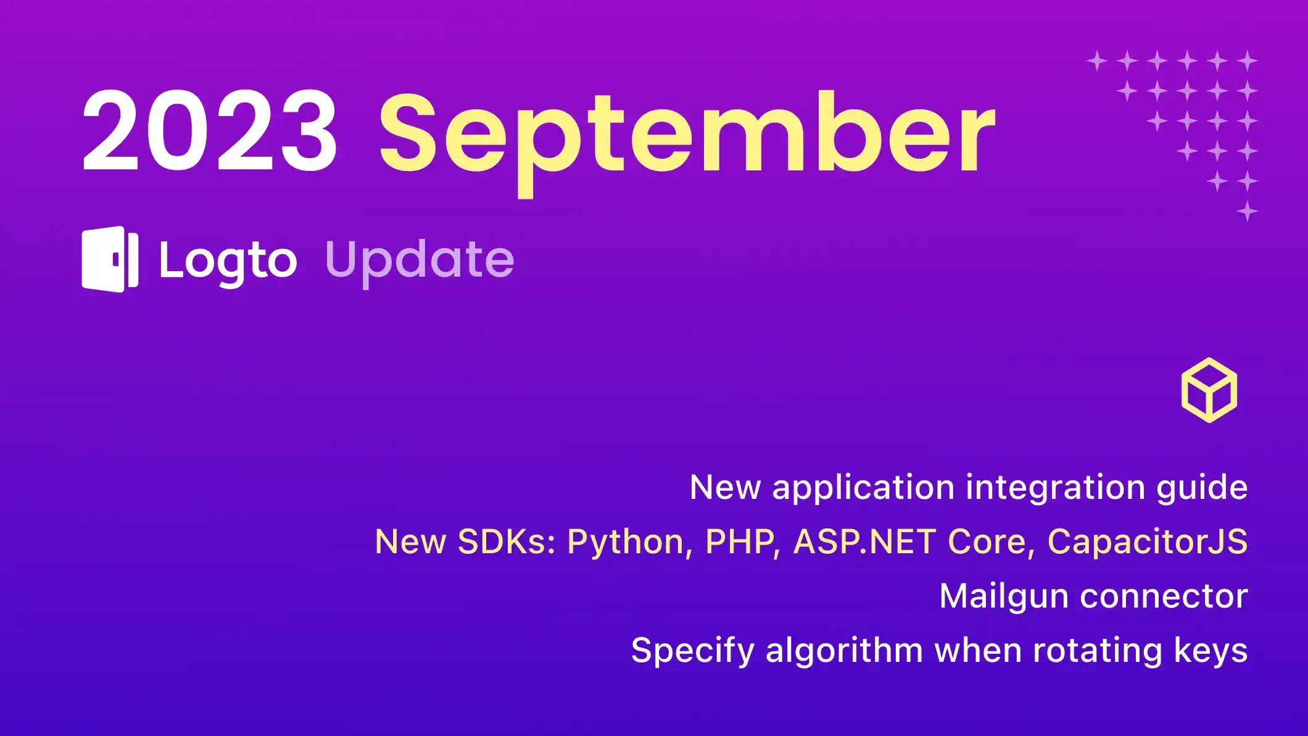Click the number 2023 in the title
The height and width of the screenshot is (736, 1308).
(210, 131)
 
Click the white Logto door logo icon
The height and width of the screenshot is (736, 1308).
(110, 259)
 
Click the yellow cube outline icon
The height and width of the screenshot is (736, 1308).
(1209, 390)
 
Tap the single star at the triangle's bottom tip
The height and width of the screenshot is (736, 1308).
(1247, 211)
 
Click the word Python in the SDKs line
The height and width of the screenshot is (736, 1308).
(625, 542)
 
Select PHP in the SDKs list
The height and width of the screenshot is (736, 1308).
(739, 542)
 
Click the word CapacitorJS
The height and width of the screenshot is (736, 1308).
(1147, 542)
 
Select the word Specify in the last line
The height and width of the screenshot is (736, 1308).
(693, 651)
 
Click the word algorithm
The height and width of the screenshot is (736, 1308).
(844, 650)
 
